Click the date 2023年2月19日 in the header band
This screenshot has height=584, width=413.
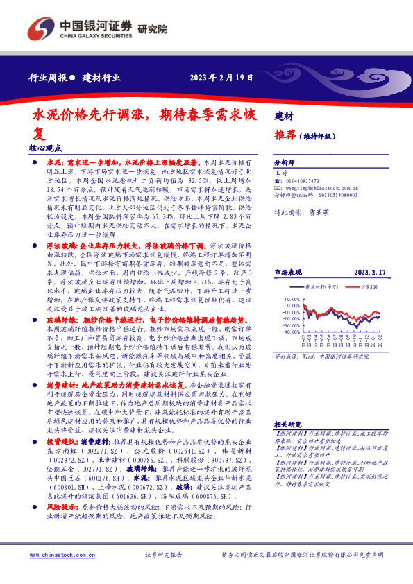point(220,77)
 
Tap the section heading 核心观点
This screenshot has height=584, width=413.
point(46,148)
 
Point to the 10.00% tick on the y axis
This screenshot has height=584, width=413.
point(292,300)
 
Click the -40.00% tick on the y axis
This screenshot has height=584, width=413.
point(292,332)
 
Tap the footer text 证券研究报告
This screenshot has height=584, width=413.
point(163,555)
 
